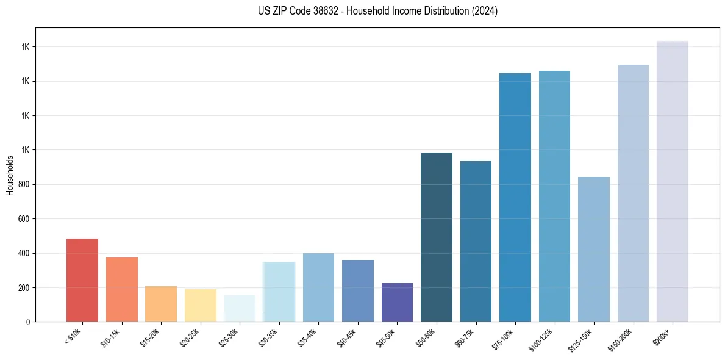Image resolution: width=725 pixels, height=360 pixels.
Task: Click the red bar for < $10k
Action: tap(82, 280)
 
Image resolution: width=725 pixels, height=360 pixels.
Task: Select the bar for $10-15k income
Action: tap(121, 290)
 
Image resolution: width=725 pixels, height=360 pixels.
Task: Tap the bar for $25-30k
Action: tap(240, 309)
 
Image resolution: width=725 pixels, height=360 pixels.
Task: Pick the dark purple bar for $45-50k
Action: tap(397, 303)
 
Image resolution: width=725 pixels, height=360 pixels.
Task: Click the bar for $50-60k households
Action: tap(437, 237)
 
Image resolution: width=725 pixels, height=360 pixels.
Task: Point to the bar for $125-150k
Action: tap(594, 250)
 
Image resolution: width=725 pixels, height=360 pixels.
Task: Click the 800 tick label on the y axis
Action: tap(24, 185)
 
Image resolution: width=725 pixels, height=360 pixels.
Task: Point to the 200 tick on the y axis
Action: tap(24, 288)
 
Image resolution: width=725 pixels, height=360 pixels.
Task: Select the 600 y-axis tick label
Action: tap(24, 219)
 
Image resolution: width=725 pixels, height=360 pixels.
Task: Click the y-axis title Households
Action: tap(10, 175)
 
